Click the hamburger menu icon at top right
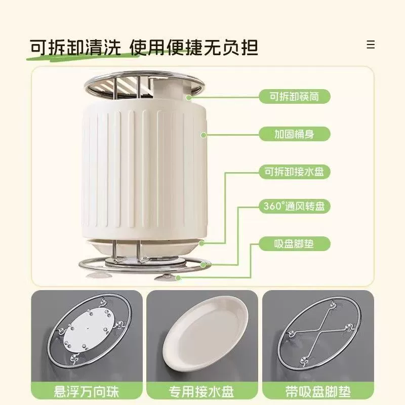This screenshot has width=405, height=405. click(x=371, y=45)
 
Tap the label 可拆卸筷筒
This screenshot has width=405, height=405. click(x=295, y=97)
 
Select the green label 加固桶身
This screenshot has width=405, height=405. click(x=295, y=134)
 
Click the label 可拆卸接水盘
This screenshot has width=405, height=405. click(x=295, y=172)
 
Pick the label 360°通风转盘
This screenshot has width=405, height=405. click(x=295, y=206)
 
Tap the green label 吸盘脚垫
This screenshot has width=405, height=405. click(x=295, y=244)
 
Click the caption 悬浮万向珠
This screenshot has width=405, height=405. click(x=87, y=391)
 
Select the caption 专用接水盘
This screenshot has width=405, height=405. click(x=201, y=391)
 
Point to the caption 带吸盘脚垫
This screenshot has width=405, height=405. click(x=318, y=391)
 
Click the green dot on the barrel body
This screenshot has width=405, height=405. click(x=204, y=135)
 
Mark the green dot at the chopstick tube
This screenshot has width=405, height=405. click(x=189, y=98)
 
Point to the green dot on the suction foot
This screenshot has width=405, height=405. click(x=178, y=278)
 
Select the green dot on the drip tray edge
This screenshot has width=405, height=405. click(x=201, y=243)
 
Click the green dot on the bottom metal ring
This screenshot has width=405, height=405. click(x=204, y=265)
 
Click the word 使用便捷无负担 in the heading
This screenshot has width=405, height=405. click(x=194, y=48)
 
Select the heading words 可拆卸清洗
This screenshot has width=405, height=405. click(x=75, y=48)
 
